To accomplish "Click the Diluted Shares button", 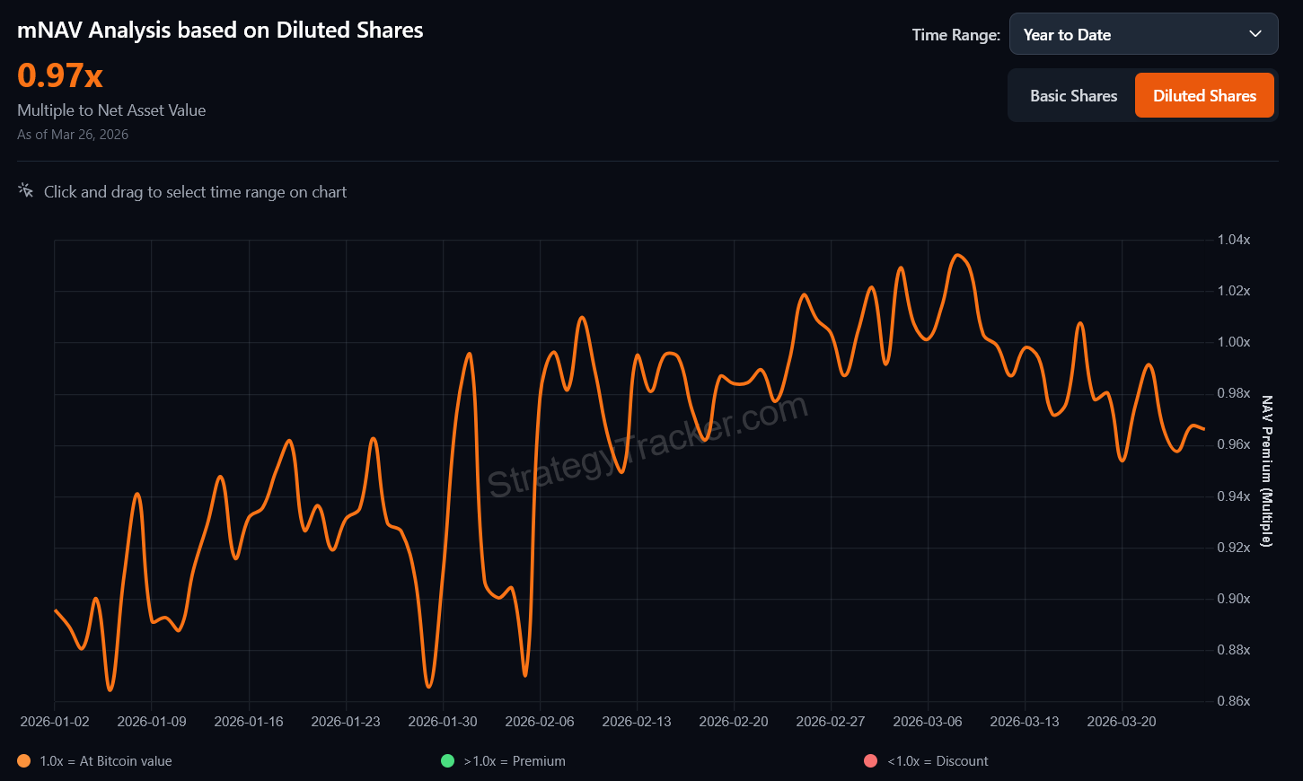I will click(1204, 96).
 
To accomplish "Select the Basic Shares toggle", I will click(1073, 96).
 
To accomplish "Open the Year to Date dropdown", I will click(1143, 35).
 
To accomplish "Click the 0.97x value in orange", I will click(60, 75).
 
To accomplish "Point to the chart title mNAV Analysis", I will click(220, 31).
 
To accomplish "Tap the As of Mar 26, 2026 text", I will click(73, 135).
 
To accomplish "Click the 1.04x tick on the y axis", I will click(1233, 240).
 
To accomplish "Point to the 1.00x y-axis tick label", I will click(1233, 342).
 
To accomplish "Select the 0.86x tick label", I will click(1233, 701).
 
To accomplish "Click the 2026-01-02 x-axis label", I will click(55, 722).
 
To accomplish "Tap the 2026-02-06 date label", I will click(540, 722).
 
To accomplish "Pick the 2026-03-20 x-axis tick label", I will click(1122, 722).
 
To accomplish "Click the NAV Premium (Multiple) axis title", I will click(1267, 471).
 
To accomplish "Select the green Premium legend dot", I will click(447, 761).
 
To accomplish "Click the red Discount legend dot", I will click(870, 761).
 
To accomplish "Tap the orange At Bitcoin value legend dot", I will click(24, 761).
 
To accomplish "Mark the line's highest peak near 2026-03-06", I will click(958, 255).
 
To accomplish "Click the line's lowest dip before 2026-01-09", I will click(110, 689).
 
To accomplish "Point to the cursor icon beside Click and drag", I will click(26, 191).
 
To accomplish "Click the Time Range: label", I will click(955, 35).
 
